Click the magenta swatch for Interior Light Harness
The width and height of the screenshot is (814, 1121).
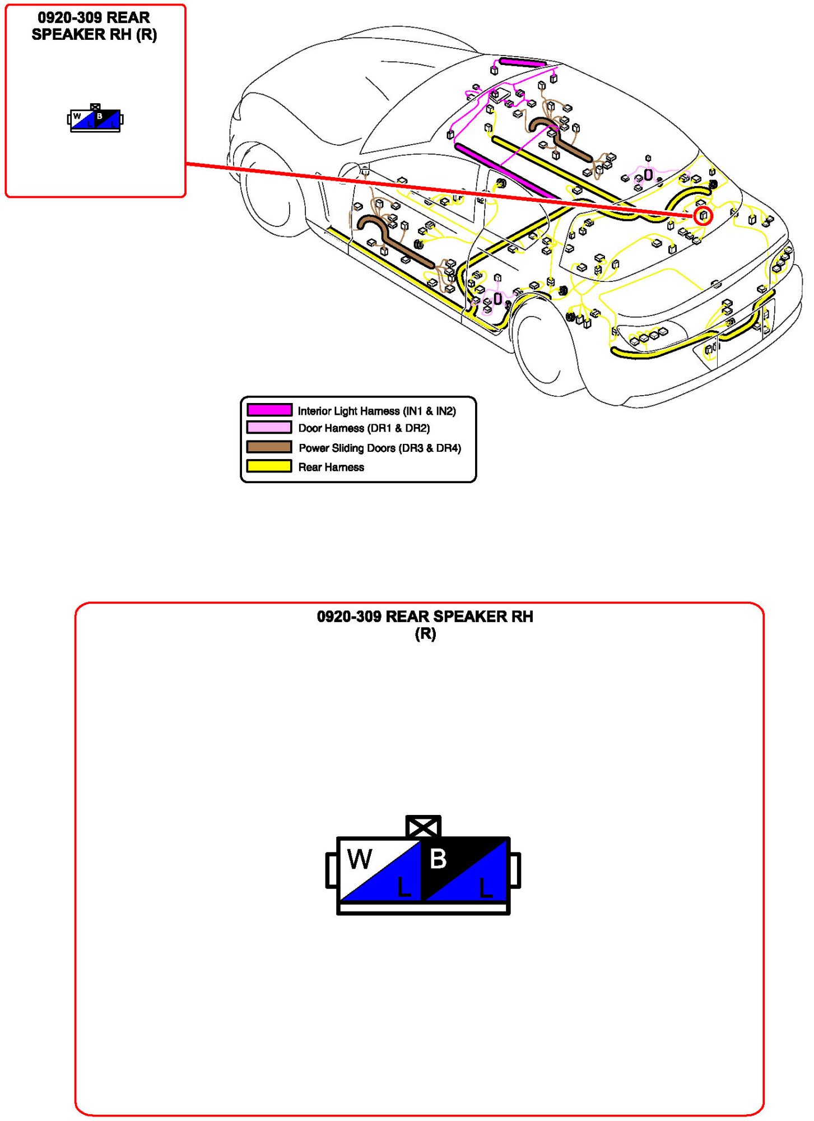point(269,410)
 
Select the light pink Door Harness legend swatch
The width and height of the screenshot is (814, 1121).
point(269,428)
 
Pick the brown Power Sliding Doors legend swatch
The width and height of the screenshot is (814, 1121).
point(269,447)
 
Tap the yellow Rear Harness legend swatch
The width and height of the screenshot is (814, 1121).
point(269,466)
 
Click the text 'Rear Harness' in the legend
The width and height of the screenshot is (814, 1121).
point(331,467)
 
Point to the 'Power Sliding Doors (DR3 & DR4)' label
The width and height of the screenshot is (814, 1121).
point(380,448)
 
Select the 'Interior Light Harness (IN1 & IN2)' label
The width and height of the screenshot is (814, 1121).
point(377,411)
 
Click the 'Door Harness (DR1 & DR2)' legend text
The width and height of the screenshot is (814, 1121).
point(364,428)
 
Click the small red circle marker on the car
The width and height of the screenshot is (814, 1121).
point(703,215)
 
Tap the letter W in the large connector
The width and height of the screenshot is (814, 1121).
point(359,859)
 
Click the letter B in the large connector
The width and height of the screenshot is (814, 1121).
point(438,859)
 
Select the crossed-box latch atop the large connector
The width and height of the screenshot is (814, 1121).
point(424,826)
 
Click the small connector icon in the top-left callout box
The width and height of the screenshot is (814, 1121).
point(95,118)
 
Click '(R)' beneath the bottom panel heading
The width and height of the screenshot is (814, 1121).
point(425,634)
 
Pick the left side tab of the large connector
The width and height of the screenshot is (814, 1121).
point(332,870)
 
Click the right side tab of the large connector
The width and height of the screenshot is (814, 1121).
point(515,870)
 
